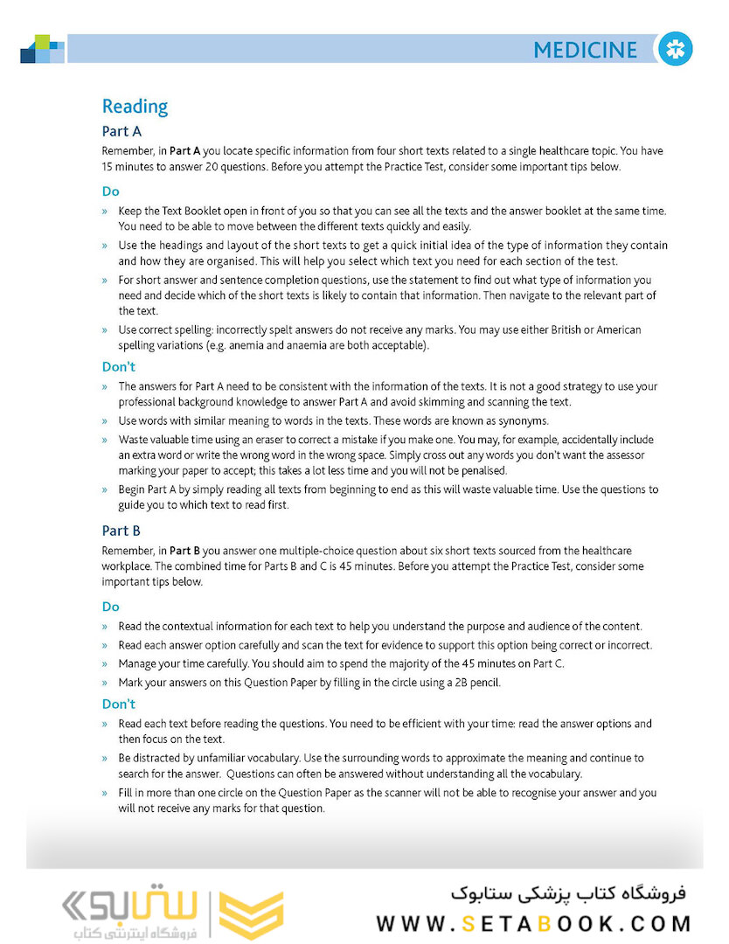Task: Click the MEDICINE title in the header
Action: click(585, 50)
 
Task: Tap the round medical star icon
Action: click(675, 49)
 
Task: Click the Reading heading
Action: click(135, 107)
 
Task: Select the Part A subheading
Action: click(121, 132)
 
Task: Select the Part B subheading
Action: click(121, 531)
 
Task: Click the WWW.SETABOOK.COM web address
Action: click(534, 924)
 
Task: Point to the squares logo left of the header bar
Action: click(42, 49)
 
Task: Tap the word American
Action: click(614, 330)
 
